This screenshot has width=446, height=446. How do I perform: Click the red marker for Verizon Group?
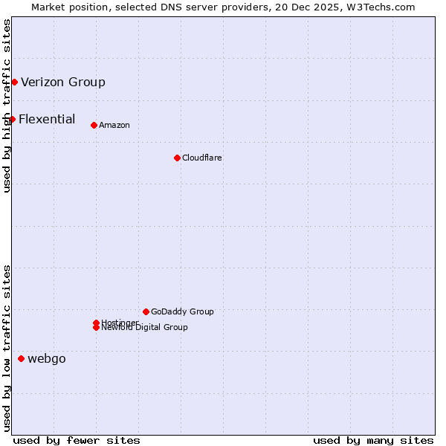pos(14,82)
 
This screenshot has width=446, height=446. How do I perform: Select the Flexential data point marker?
pos(12,119)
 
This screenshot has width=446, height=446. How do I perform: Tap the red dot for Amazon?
pos(94,125)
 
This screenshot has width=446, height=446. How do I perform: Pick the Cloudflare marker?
pos(177,158)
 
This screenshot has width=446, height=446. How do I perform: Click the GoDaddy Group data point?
pos(146,311)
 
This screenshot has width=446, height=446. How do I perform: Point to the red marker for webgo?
pos(21,358)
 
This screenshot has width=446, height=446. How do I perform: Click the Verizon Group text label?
pos(63,82)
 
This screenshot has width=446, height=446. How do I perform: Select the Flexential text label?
pos(47,119)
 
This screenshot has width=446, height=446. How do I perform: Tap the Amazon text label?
pos(114,125)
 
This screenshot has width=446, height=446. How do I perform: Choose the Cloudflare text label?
pos(202,158)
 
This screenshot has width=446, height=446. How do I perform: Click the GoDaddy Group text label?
pos(182,311)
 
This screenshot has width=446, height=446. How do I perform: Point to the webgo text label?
pos(47,358)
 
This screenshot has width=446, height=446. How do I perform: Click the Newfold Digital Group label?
pos(145,328)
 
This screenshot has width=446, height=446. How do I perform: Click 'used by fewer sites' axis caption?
pos(77,441)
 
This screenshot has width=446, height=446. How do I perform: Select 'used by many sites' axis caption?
pos(373,441)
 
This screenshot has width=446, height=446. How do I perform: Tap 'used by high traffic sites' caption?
pos(7,106)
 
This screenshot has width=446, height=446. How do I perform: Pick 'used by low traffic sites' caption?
pos(7,348)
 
